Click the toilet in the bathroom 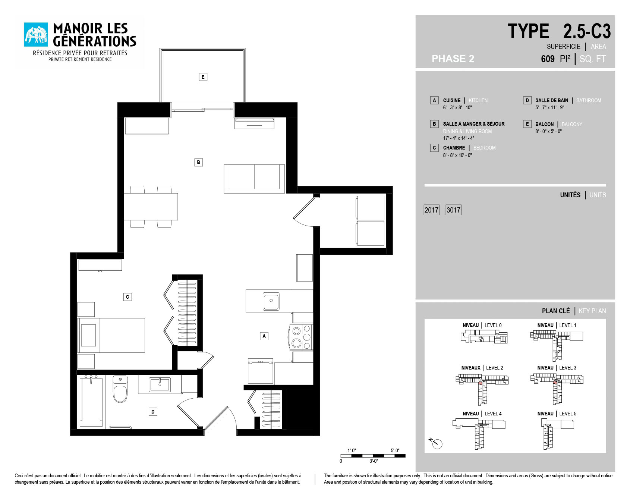(120, 389)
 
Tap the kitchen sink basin (271, 301)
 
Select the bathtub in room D (91, 402)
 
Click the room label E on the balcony (203, 77)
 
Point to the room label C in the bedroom (127, 297)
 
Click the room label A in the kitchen (264, 336)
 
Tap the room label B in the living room (198, 162)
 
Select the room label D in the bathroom (153, 412)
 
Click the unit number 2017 (431, 210)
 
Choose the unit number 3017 (453, 210)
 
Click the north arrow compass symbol (436, 443)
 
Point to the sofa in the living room (254, 179)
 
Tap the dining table (151, 207)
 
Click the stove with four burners (301, 337)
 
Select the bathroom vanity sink (160, 385)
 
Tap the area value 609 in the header (548, 59)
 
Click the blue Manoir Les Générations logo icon (36, 35)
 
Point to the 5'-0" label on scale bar (395, 450)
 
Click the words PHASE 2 (453, 59)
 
